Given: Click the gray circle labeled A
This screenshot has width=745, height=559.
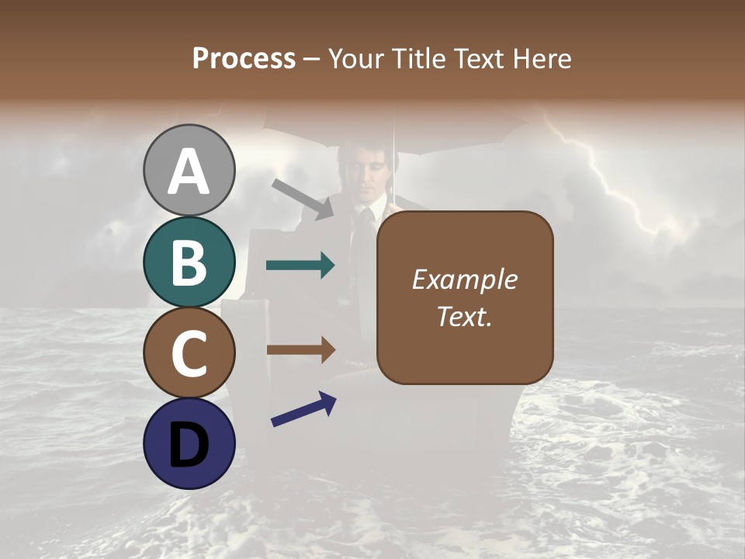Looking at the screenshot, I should click(189, 170).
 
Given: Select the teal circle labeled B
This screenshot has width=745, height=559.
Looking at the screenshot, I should click(189, 262).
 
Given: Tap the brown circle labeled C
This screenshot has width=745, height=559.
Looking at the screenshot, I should click(189, 352).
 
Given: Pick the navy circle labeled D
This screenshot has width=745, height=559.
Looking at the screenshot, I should click(189, 443).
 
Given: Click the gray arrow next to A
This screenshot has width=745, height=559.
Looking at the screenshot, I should click(303, 199).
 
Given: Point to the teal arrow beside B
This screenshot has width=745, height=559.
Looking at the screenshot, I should click(300, 266).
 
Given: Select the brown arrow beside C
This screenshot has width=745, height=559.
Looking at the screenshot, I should click(300, 350).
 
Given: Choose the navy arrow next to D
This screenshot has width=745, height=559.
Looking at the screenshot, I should click(303, 409).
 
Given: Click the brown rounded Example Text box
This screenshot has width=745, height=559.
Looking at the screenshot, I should click(465, 297).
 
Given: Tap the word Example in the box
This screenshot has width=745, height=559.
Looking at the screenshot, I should click(465, 279).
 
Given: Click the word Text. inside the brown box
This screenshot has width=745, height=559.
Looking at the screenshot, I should click(465, 317).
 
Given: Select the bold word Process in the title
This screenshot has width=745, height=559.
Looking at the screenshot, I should click(244, 58).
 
